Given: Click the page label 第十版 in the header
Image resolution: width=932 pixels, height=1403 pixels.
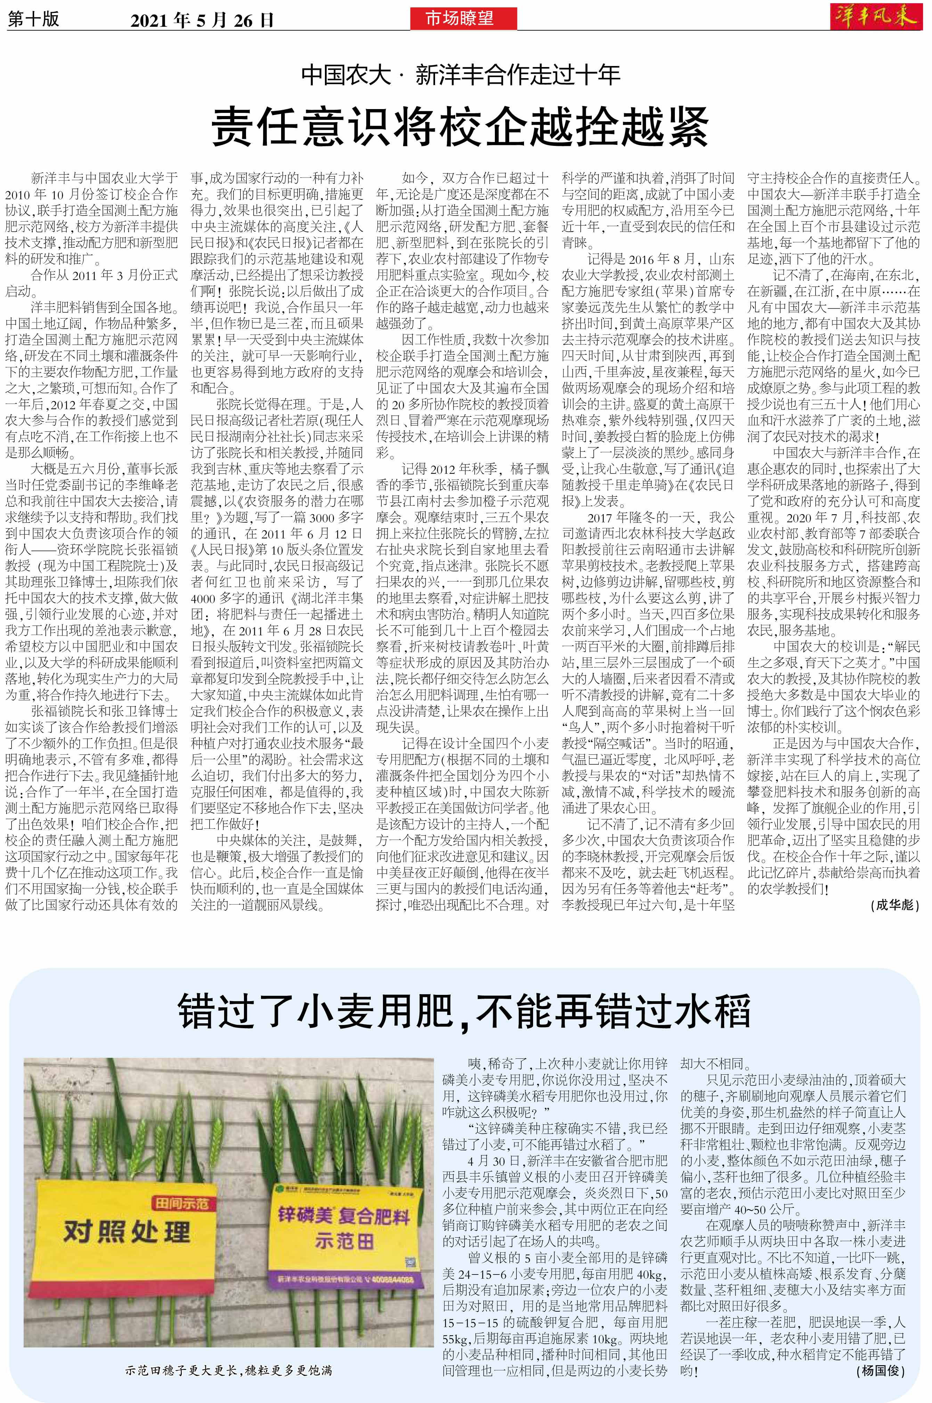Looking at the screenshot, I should [x=33, y=19].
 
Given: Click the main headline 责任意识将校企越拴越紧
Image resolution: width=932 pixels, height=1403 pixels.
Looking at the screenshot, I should [x=461, y=126].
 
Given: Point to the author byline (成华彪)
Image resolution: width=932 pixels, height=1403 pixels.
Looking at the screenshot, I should [x=894, y=905].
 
